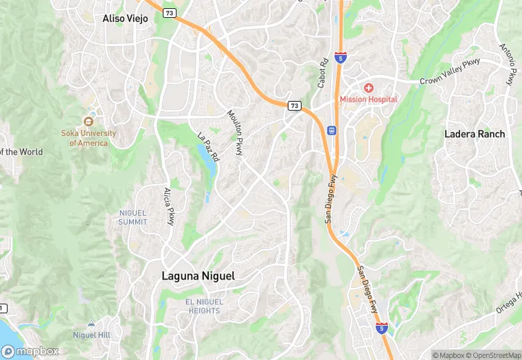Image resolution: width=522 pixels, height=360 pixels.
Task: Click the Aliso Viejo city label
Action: (125, 19)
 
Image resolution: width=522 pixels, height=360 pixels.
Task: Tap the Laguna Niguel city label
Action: (198, 276)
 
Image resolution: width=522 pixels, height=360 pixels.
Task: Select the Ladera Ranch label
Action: (475, 134)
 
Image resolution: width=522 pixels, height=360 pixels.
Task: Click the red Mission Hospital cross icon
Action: (369, 88)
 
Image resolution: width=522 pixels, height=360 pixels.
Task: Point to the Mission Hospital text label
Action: (369, 100)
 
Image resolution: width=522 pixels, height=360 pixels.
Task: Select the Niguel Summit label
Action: (133, 217)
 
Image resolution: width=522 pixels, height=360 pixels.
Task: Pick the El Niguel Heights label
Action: (203, 306)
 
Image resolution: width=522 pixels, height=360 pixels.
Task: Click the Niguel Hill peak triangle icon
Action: (91, 324)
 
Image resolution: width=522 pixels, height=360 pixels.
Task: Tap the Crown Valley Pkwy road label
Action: (451, 73)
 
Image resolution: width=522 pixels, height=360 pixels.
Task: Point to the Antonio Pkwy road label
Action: (507, 65)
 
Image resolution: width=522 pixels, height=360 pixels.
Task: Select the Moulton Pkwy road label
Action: (236, 132)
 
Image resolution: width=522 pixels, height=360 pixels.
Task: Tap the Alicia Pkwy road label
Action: (168, 206)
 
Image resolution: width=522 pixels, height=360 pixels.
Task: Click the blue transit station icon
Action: (332, 130)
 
